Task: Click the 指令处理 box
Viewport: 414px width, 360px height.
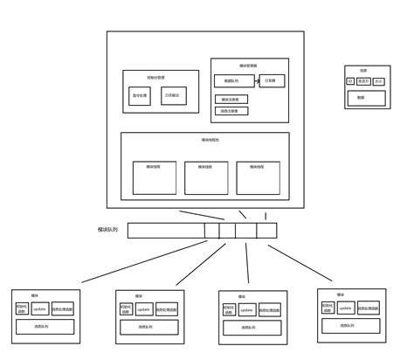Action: [x=140, y=95]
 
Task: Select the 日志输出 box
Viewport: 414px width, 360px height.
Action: [x=174, y=95]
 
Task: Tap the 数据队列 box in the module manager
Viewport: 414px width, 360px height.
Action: [x=233, y=81]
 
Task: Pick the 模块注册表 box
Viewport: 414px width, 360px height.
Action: [x=231, y=100]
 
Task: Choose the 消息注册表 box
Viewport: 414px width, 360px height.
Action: [x=231, y=111]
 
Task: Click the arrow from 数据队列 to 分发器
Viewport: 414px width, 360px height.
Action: [x=256, y=81]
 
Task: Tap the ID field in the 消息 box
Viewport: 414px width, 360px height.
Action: [x=350, y=81]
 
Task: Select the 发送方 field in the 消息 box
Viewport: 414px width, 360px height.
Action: [x=363, y=81]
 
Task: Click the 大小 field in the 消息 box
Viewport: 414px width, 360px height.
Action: [x=379, y=81]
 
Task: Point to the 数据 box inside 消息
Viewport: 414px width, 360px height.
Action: [x=361, y=97]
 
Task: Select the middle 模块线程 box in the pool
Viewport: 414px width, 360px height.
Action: [x=206, y=177]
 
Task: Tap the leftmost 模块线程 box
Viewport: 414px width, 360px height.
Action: [x=155, y=177]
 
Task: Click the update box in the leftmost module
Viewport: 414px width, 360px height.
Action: [x=40, y=308]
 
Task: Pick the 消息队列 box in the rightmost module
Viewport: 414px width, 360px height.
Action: [x=350, y=326]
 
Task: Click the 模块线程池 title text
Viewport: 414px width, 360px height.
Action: [x=210, y=139]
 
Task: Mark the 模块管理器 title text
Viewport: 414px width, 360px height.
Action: [x=248, y=66]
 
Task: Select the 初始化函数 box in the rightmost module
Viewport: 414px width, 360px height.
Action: [x=327, y=308]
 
